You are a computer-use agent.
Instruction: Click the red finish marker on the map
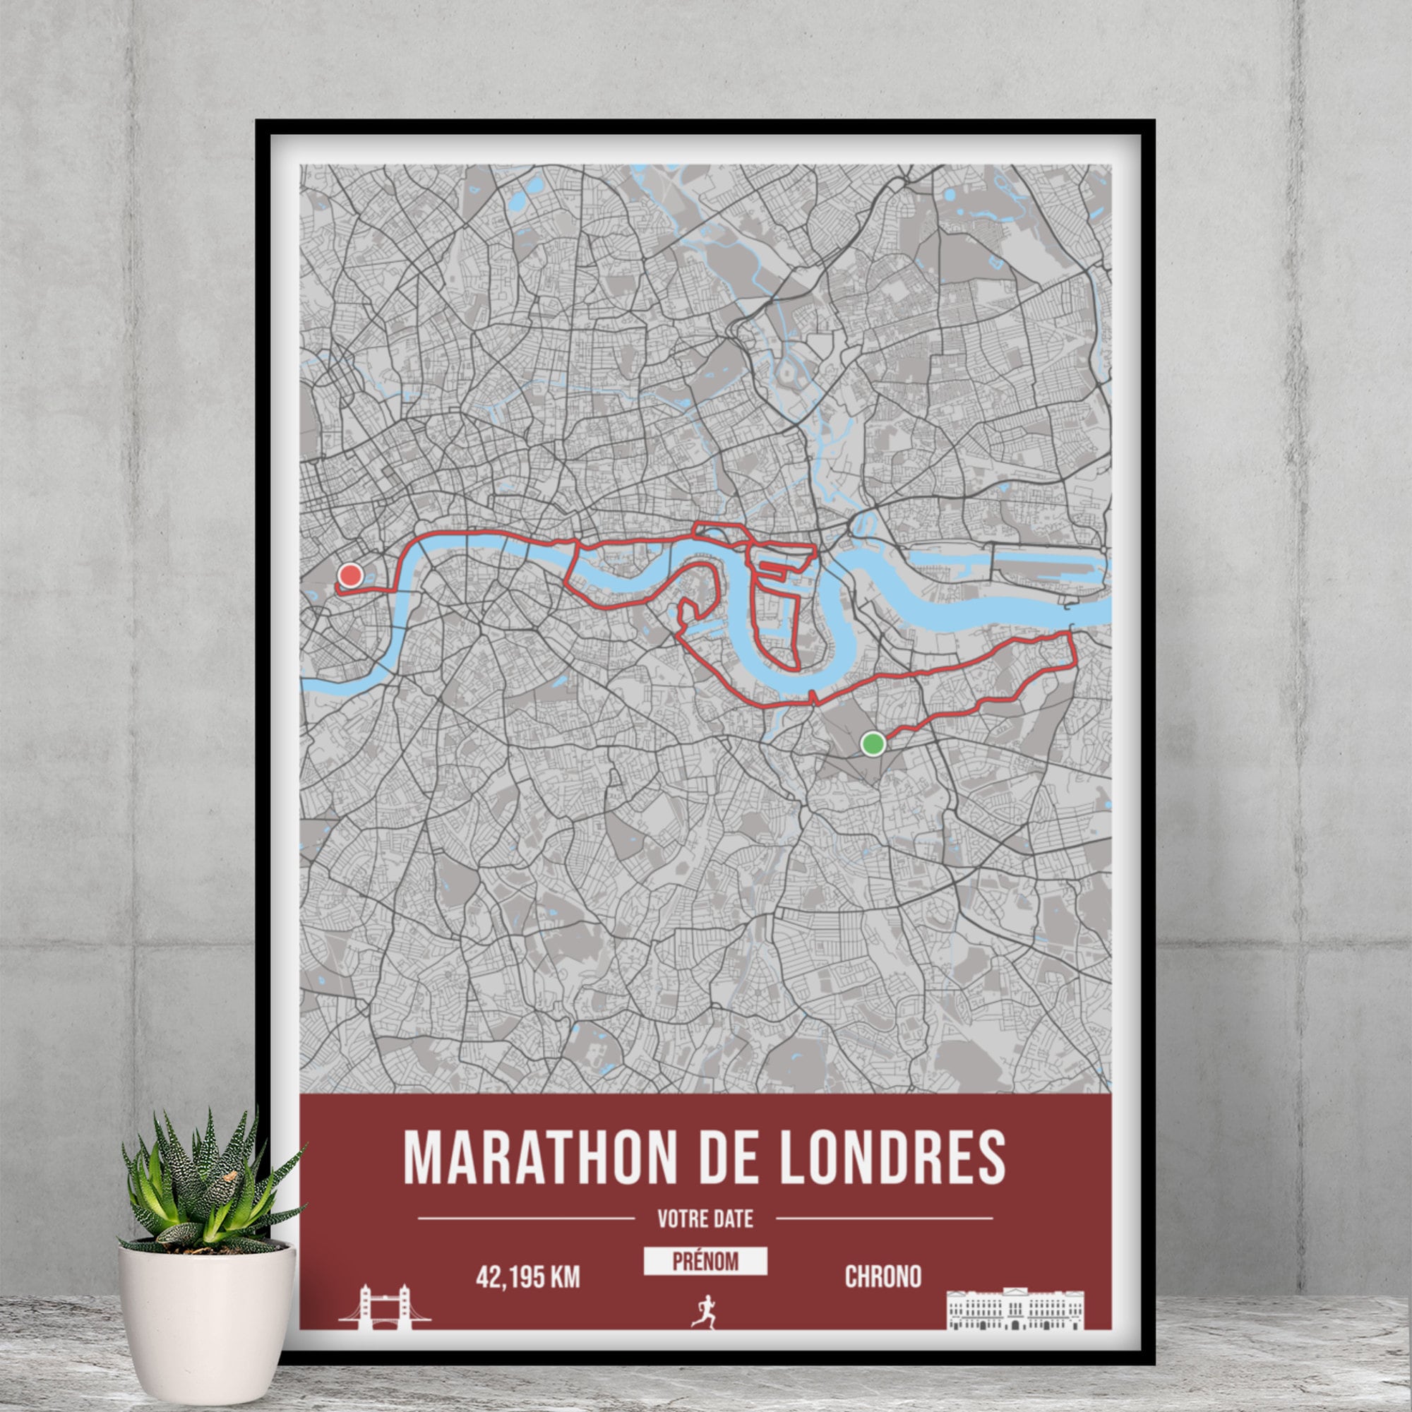351,576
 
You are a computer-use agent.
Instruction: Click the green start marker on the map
873,744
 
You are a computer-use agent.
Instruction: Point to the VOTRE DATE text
705,1219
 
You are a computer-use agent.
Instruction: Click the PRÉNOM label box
705,1261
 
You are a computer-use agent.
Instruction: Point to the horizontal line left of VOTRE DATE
525,1219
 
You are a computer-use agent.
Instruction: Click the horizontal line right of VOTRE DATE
884,1219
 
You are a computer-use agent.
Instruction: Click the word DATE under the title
733,1219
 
